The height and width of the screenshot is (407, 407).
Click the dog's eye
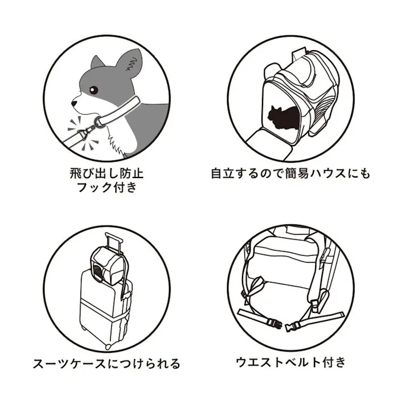(x=94, y=91)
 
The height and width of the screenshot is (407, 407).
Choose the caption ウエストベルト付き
(x=290, y=362)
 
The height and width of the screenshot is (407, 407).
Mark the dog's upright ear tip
(x=136, y=53)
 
